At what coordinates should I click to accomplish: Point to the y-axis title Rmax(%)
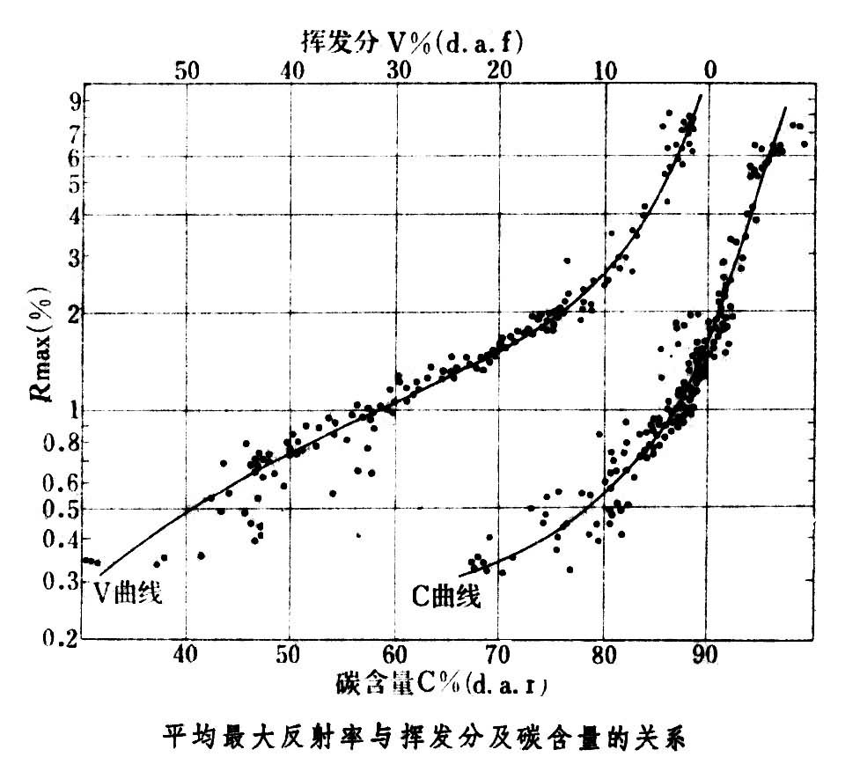43,354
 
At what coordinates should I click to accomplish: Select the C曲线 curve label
447,598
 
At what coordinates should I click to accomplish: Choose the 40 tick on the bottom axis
186,655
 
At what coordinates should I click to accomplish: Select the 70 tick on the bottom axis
498,655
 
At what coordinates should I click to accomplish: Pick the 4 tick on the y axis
74,214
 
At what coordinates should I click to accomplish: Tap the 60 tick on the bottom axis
394,655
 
